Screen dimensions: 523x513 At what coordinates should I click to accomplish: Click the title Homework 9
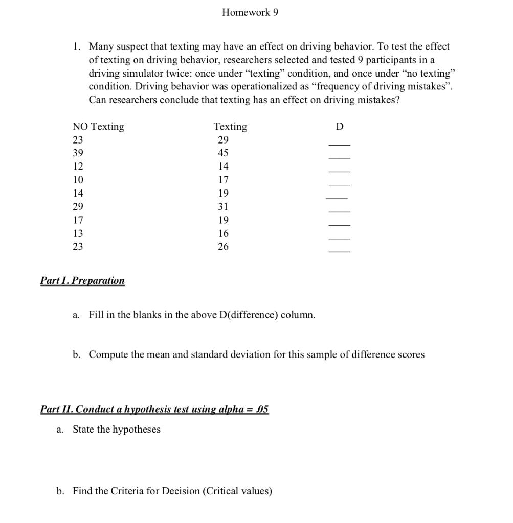click(x=250, y=13)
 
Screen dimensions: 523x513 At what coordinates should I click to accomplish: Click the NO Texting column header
click(x=98, y=127)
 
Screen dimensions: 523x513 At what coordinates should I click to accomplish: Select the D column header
click(x=340, y=127)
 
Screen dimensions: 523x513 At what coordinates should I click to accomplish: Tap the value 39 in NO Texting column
click(x=78, y=153)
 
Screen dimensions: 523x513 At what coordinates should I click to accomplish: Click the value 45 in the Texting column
click(x=223, y=153)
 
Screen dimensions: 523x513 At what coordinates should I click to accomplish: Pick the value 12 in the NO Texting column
click(x=78, y=167)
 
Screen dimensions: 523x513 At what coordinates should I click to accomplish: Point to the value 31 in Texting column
click(x=223, y=207)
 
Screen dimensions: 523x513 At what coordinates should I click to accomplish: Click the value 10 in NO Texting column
click(x=78, y=180)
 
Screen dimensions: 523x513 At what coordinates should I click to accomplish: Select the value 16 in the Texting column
click(x=223, y=233)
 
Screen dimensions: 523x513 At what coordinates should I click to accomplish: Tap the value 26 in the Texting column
click(x=223, y=247)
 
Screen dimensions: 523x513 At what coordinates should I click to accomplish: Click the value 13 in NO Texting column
click(x=78, y=233)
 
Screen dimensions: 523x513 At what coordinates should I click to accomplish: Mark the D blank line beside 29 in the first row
click(x=339, y=145)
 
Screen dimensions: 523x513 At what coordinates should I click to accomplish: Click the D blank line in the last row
click(x=339, y=251)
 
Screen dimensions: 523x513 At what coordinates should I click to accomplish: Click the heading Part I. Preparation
click(x=82, y=281)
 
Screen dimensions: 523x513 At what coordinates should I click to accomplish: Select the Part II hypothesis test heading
click(x=154, y=410)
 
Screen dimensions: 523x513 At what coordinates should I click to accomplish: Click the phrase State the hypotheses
click(x=117, y=430)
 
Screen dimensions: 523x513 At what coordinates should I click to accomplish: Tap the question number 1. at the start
click(x=76, y=47)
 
